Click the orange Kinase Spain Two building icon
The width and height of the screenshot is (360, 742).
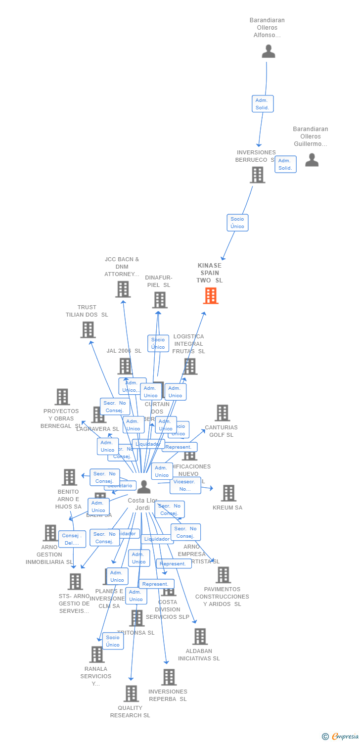[x=211, y=296]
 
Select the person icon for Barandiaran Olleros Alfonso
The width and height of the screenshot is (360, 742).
[x=268, y=51]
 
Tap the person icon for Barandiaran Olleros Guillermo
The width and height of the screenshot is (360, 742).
[x=312, y=160]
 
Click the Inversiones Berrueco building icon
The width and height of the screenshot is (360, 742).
[x=257, y=175]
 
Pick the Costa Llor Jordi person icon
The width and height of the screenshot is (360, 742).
[x=144, y=487]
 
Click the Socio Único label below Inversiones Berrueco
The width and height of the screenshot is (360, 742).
[x=237, y=223]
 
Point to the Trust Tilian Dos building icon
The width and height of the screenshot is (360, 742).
[x=88, y=329]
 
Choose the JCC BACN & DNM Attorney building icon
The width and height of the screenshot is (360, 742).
[x=123, y=289]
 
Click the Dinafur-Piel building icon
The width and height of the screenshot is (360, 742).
[x=159, y=300]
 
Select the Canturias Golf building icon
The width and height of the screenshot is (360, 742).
[x=222, y=413]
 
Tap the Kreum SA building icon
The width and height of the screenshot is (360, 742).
[x=228, y=493]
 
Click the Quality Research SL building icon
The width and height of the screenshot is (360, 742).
[x=131, y=694]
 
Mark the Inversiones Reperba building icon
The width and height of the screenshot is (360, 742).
[x=169, y=677]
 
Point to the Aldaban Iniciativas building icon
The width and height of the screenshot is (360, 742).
[x=200, y=637]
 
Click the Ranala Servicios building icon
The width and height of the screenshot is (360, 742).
[x=97, y=654]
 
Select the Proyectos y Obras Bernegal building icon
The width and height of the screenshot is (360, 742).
[x=62, y=397]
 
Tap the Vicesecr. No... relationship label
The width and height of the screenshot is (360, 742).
[x=185, y=485]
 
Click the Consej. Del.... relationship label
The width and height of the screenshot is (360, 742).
[x=72, y=539]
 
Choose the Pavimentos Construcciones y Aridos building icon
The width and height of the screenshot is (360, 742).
[x=223, y=575]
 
